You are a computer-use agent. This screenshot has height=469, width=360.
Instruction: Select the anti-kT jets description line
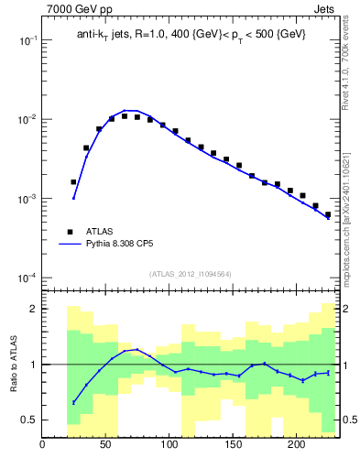click(x=191, y=35)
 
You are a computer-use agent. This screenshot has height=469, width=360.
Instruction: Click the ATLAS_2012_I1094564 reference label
click(x=191, y=273)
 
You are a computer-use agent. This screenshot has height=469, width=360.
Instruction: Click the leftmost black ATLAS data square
click(x=73, y=182)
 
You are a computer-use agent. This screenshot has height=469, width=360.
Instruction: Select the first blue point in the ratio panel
click(x=73, y=403)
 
